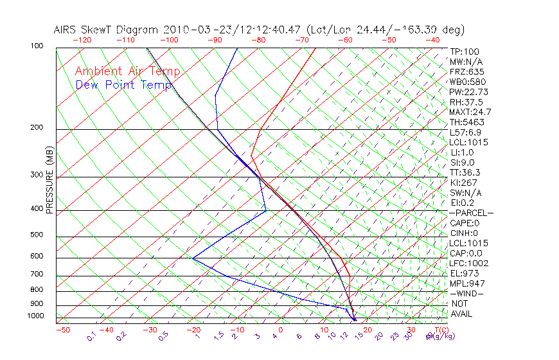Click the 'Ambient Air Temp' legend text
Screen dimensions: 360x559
[127, 71]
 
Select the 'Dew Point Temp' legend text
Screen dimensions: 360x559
[123, 85]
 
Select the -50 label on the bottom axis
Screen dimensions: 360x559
[62, 330]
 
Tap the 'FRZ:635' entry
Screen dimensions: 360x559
[465, 72]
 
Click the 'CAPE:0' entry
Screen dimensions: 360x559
[464, 223]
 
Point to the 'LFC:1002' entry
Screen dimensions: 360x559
[469, 264]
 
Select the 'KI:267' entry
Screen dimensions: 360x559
[463, 183]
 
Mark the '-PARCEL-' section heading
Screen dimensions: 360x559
[471, 213]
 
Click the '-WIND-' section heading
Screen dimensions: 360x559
[467, 294]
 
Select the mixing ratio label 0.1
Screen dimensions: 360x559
[92, 336]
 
